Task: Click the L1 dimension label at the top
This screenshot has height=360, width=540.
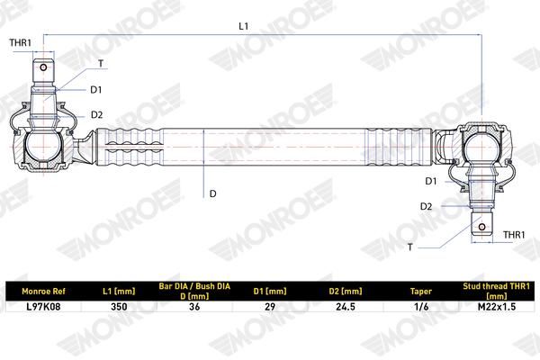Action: point(244,26)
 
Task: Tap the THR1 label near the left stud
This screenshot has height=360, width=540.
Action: point(21,42)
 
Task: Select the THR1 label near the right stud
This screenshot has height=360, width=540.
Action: point(514,235)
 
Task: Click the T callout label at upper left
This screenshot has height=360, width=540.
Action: point(101,64)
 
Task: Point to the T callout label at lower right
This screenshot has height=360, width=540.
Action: point(409,247)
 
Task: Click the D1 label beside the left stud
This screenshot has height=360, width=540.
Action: point(96,90)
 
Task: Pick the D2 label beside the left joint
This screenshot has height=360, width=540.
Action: point(97,114)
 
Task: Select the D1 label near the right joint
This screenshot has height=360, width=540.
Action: point(431,181)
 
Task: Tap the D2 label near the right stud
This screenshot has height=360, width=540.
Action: point(426,207)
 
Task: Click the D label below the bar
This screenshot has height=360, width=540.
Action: point(212,194)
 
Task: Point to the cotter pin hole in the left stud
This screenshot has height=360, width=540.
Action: point(43,67)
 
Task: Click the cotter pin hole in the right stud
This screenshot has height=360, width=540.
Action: point(482,227)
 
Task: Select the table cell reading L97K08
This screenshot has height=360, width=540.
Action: point(43,307)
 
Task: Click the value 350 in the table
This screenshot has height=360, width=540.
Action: point(119,307)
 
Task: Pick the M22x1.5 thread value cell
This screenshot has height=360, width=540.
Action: point(497,307)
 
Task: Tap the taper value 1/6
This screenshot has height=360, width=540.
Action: point(421,307)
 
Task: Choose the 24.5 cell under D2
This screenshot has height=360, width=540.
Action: point(346,307)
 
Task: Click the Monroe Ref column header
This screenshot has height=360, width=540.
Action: point(43,292)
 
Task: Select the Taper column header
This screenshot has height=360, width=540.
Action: point(421,292)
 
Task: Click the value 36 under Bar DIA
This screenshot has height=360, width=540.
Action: point(194,307)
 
